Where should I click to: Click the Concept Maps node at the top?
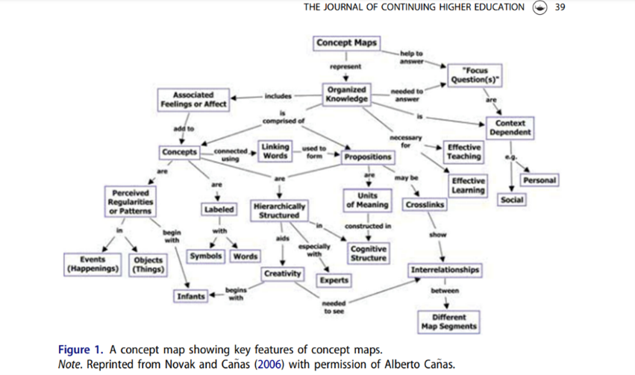click(x=346, y=42)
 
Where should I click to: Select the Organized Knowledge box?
click(x=347, y=93)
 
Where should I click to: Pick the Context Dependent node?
click(x=510, y=127)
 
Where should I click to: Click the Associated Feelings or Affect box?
click(x=193, y=100)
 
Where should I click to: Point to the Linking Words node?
click(x=276, y=151)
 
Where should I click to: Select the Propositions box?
click(x=367, y=157)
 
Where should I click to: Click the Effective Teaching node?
click(x=463, y=152)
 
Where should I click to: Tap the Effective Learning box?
click(x=469, y=186)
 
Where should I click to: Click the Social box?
click(x=512, y=201)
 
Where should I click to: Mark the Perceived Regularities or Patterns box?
click(x=130, y=201)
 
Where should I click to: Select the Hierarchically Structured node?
click(x=278, y=210)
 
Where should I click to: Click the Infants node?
click(x=190, y=296)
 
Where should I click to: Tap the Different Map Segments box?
click(x=448, y=322)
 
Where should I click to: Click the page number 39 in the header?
click(x=560, y=7)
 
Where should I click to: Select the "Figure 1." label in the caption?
click(x=82, y=350)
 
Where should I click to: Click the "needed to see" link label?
click(x=333, y=307)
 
